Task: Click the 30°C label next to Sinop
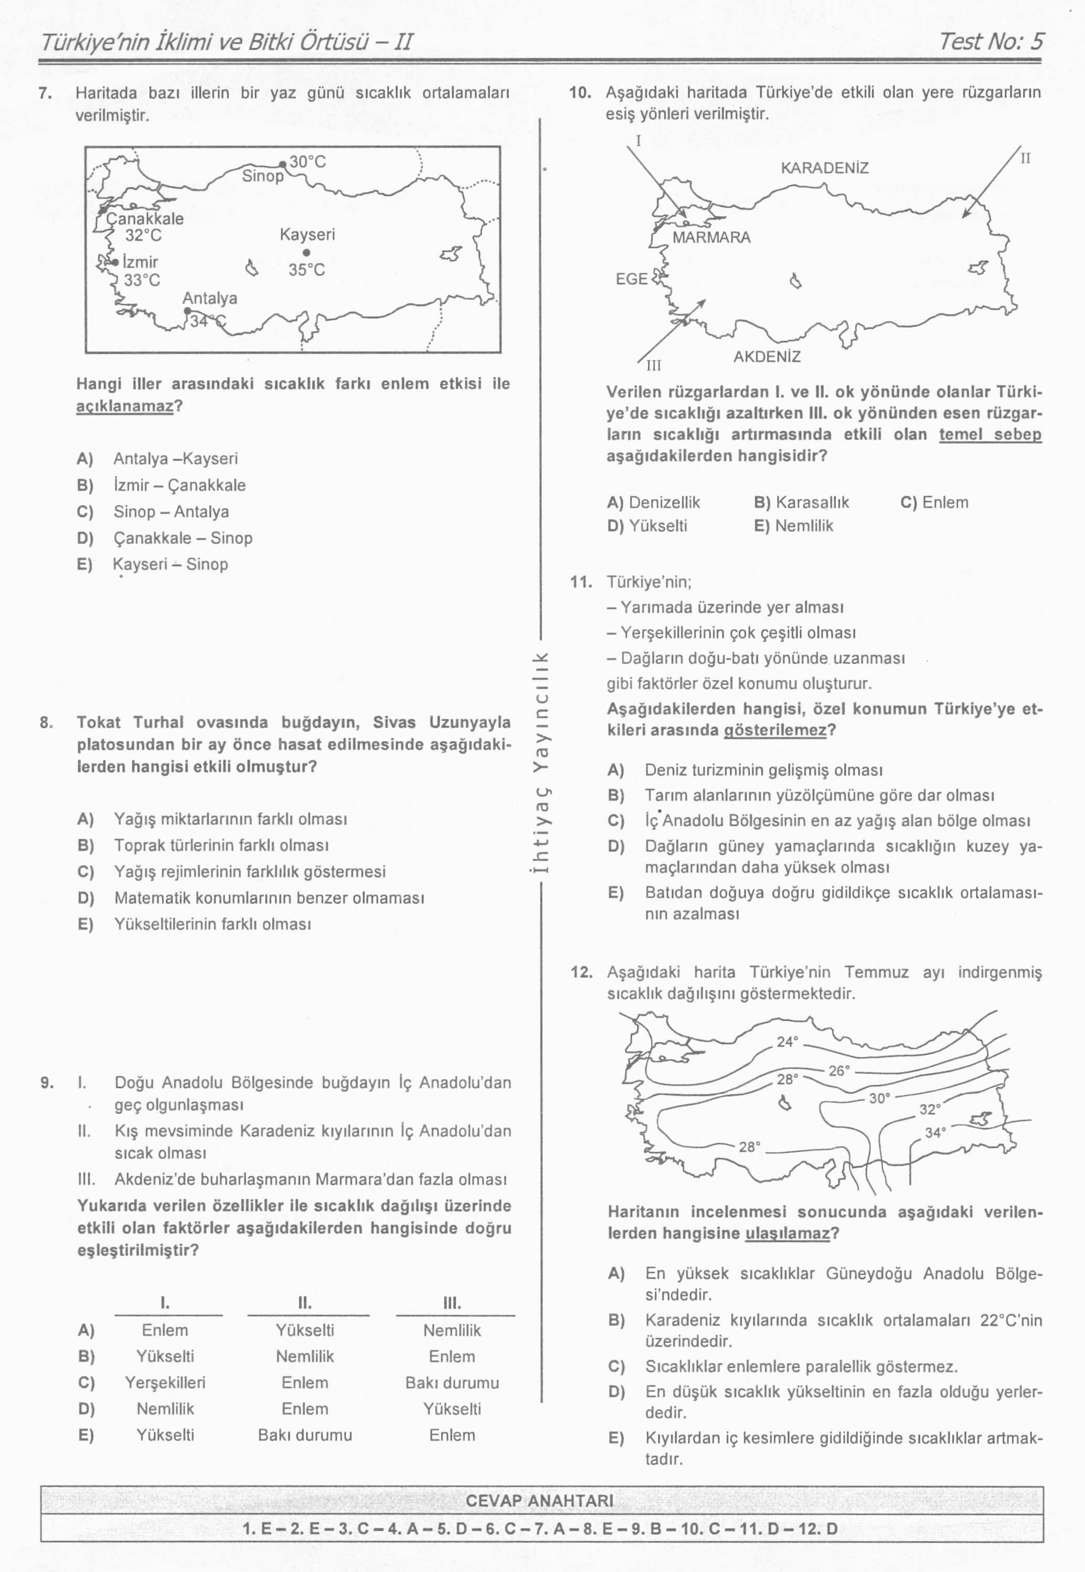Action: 307,162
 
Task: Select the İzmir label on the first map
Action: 140,262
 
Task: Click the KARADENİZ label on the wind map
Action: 825,168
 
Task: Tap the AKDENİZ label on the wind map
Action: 767,356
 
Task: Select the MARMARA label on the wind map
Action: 712,237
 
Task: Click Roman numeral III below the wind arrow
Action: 653,366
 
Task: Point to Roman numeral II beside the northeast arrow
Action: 1026,159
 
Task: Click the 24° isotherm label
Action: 787,1042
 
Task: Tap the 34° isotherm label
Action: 935,1133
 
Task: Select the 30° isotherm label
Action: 879,1098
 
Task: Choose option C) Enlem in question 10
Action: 934,503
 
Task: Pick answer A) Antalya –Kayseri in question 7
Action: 157,458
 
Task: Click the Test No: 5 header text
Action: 990,41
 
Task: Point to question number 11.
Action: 580,582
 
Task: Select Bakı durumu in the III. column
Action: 452,1383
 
